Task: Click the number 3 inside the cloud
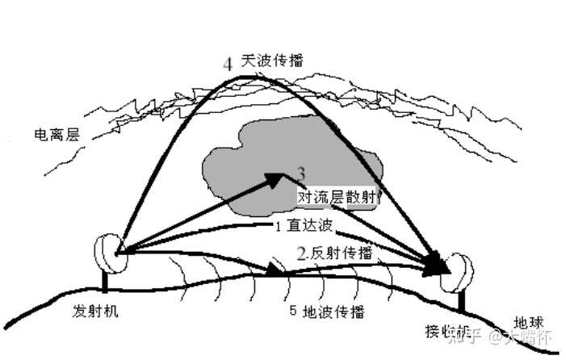(301, 173)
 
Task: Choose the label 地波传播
(333, 311)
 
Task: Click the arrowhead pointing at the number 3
(275, 178)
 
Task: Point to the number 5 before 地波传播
(293, 311)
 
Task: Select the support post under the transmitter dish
(105, 283)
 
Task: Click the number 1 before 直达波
(277, 226)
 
